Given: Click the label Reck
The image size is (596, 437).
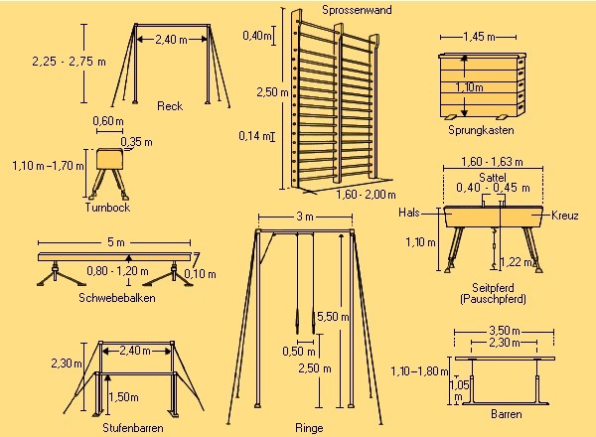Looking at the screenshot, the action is click(170, 106).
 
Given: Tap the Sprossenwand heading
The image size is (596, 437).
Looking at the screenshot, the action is click(357, 10).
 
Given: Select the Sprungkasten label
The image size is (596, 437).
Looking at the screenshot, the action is click(481, 130).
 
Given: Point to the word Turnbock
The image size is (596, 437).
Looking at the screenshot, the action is click(107, 208).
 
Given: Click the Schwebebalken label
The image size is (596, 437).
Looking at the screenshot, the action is click(117, 297).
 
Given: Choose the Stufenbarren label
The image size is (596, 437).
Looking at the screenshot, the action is click(133, 428).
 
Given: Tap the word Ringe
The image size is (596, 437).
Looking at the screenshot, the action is click(309, 428).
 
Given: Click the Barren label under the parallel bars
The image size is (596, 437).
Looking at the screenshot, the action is click(507, 414).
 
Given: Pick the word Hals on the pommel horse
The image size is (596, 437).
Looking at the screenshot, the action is click(409, 212).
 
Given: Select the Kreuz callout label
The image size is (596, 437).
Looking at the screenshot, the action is click(565, 216).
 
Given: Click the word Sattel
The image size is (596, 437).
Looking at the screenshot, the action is click(493, 177).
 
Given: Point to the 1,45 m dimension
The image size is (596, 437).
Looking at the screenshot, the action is click(479, 37).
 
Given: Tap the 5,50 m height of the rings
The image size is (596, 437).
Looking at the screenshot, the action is click(333, 317).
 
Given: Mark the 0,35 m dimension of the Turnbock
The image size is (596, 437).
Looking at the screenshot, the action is click(136, 142).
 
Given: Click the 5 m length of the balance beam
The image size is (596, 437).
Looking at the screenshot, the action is click(116, 242).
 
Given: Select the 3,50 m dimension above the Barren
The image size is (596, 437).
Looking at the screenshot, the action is click(504, 331).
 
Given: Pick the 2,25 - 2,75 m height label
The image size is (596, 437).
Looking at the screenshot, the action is click(70, 62).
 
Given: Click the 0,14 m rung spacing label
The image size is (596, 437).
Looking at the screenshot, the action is click(255, 136).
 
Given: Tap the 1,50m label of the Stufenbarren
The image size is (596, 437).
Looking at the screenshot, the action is click(124, 397).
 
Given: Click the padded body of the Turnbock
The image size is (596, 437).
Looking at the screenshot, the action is click(109, 159).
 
